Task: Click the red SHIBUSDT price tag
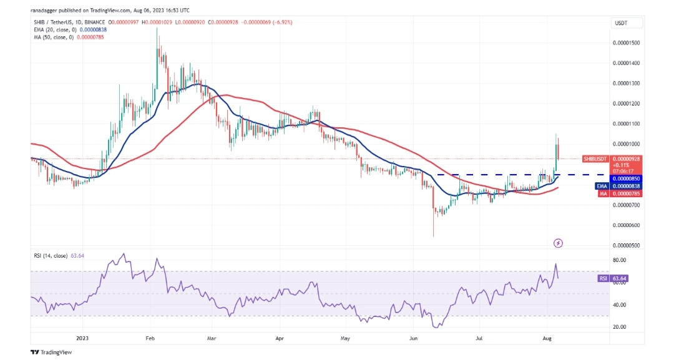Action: (595, 158)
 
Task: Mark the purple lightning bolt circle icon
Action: (559, 242)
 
